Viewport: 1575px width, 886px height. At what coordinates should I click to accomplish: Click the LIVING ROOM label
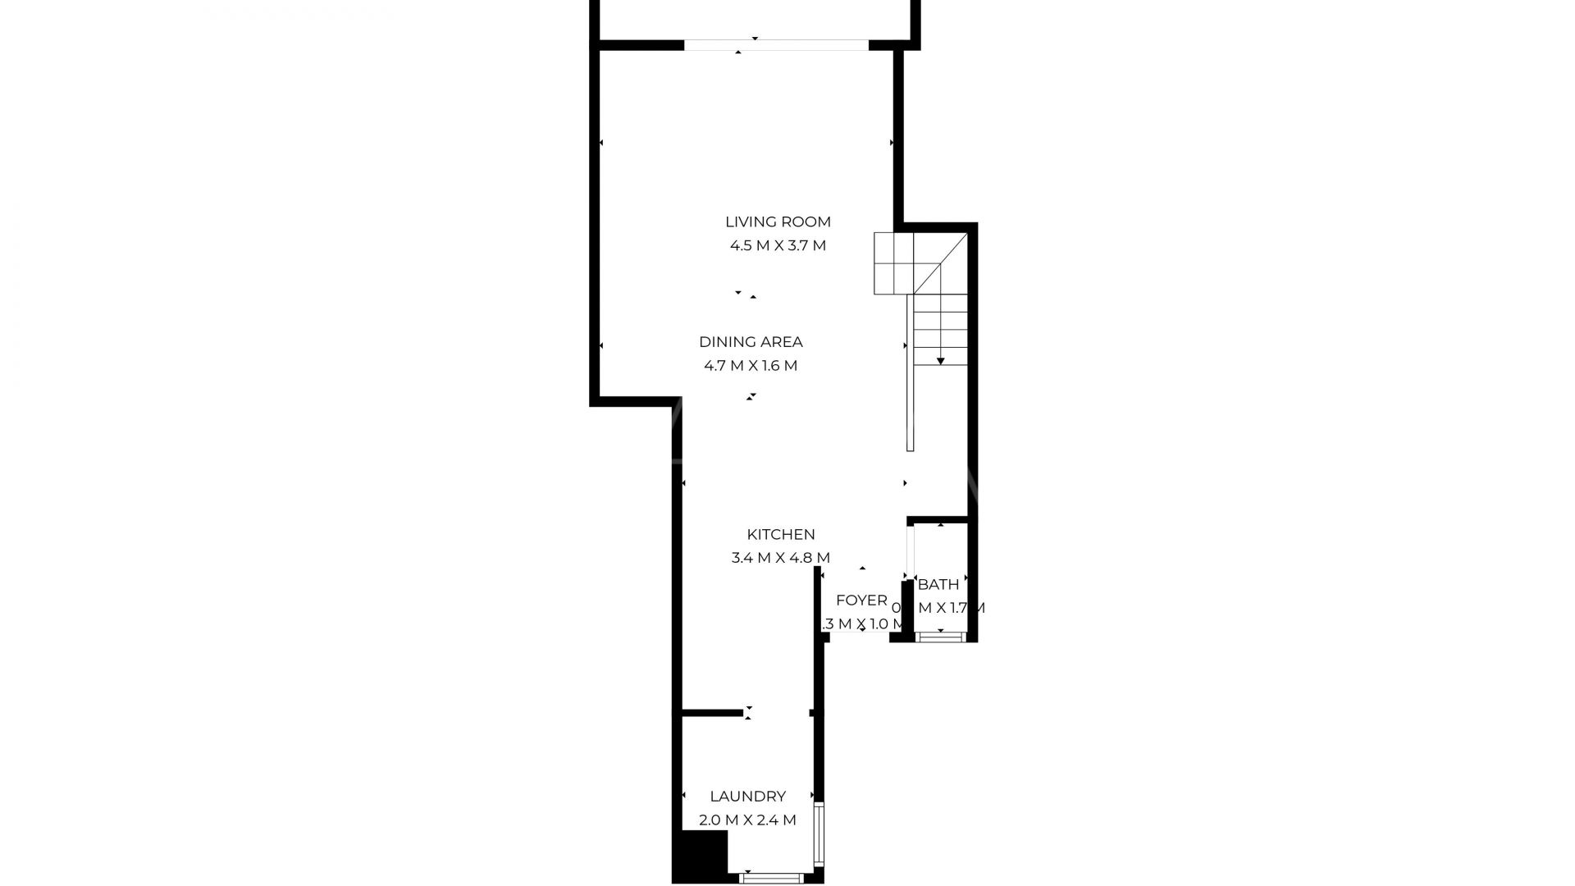(778, 221)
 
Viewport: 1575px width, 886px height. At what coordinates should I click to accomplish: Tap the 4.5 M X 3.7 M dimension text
(778, 245)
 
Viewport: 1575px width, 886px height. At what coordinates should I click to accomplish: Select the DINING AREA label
(751, 342)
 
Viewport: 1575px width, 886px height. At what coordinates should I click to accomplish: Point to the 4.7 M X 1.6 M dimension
(751, 366)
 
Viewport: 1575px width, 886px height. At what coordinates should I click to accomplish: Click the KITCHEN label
(780, 534)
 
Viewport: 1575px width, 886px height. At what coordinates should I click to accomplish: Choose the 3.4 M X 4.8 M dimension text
(780, 558)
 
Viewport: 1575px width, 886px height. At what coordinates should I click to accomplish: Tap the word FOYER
(861, 601)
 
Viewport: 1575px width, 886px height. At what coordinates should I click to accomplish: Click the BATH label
(938, 585)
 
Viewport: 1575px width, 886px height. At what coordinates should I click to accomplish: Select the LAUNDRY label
(747, 796)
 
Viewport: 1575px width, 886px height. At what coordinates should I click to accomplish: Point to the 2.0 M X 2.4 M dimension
(747, 820)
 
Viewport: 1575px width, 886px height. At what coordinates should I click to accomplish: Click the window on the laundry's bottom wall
(771, 879)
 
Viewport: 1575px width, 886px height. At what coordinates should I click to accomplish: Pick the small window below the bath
(940, 636)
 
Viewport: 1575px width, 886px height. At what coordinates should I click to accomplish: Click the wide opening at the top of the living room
(775, 45)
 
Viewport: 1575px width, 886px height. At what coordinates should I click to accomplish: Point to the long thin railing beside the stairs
(910, 373)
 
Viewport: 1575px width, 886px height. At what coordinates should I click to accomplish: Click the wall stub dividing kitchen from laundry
(712, 712)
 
